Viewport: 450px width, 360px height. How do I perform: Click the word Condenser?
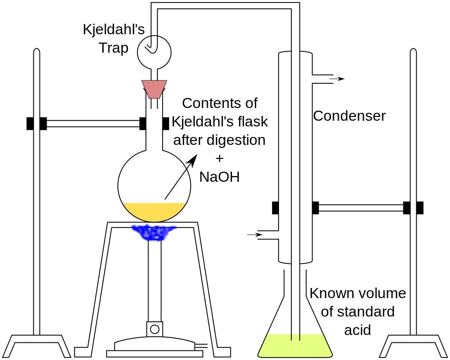tap(349, 116)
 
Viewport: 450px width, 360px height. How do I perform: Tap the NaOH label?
tap(219, 176)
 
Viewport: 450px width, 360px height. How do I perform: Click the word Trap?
tap(113, 47)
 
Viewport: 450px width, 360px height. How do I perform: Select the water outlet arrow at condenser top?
tap(337, 79)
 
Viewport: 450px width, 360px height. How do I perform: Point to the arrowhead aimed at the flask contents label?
tap(193, 160)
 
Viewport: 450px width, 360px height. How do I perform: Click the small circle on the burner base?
tap(155, 329)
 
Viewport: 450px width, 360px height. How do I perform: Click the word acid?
tap(357, 330)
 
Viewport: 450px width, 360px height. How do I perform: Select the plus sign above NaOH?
tap(220, 158)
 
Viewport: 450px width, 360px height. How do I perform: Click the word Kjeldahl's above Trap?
tap(113, 30)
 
